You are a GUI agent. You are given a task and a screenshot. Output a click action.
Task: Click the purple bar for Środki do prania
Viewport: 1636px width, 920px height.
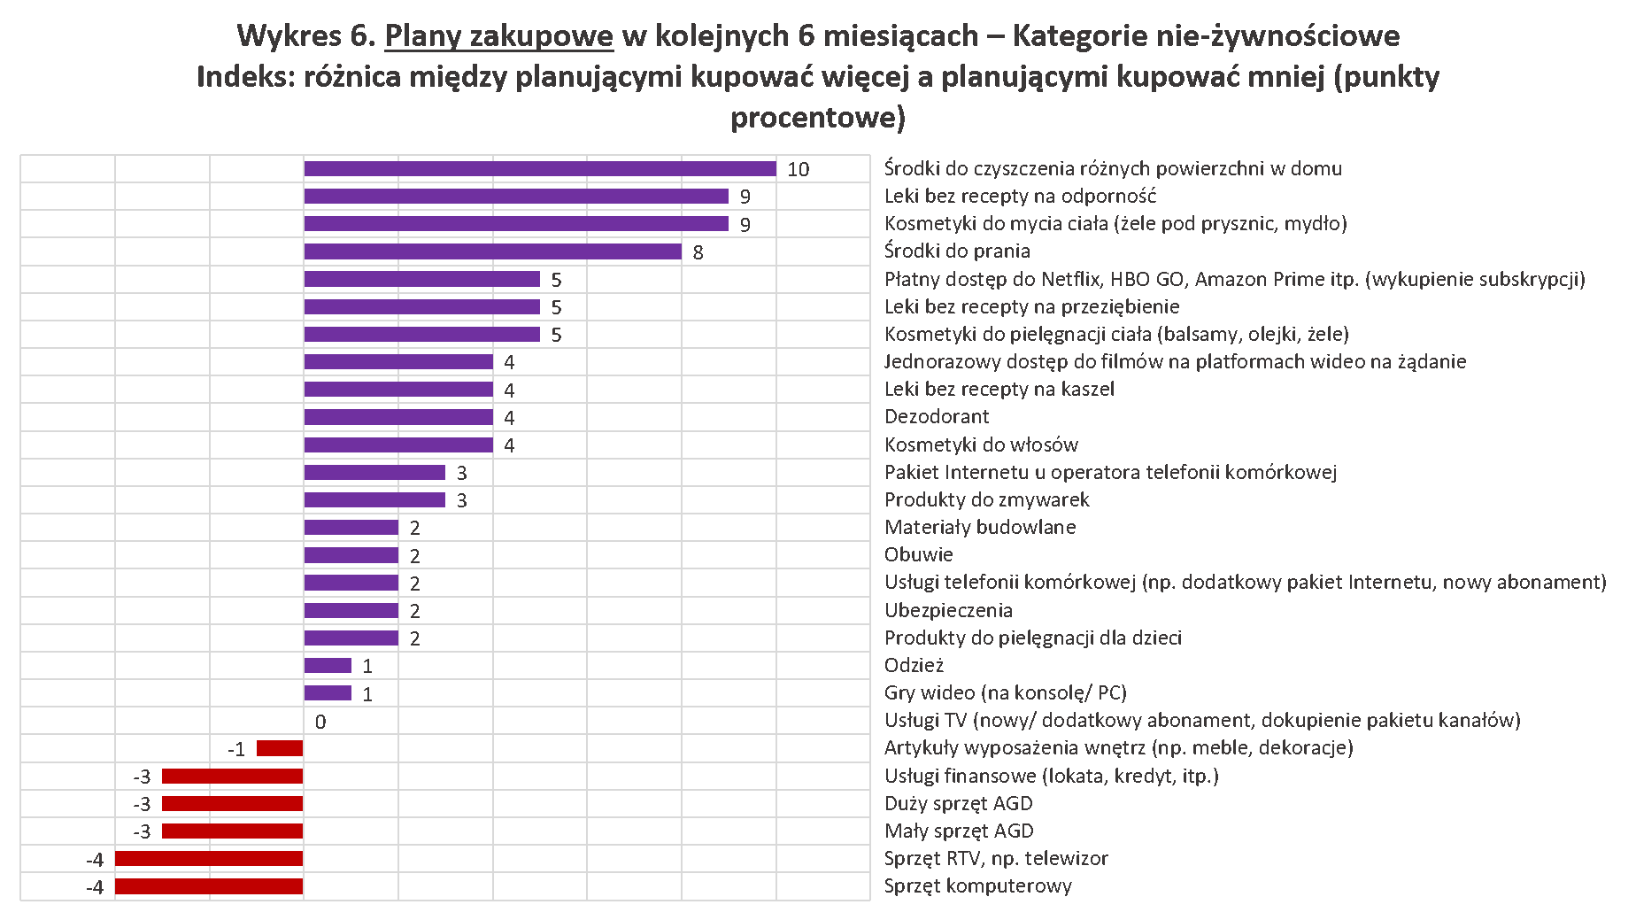pyautogui.click(x=492, y=251)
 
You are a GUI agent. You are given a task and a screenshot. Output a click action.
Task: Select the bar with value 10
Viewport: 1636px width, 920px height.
pyautogui.click(x=540, y=169)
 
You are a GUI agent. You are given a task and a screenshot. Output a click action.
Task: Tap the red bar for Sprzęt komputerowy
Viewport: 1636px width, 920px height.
pyautogui.click(x=209, y=886)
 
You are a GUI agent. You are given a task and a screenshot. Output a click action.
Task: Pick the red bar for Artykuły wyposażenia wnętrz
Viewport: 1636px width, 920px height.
pyautogui.click(x=280, y=748)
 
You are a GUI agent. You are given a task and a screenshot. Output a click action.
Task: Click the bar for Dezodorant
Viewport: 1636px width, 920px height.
pyautogui.click(x=398, y=417)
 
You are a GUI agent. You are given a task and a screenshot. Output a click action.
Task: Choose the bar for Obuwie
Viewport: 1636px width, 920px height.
pyautogui.click(x=351, y=555)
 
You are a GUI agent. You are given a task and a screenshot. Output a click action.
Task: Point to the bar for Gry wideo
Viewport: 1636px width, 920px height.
pyautogui.click(x=328, y=693)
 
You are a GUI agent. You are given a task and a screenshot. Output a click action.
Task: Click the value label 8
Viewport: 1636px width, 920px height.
pyautogui.click(x=698, y=253)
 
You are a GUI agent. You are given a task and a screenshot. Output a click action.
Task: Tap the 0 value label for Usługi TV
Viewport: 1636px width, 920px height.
pyautogui.click(x=320, y=723)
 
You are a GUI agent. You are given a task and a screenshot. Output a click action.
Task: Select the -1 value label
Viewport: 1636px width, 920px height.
pyautogui.click(x=236, y=750)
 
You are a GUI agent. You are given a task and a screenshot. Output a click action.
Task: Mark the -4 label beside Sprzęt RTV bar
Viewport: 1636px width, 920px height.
pyautogui.click(x=95, y=860)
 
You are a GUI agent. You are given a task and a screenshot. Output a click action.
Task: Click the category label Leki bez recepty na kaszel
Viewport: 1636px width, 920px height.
pyautogui.click(x=999, y=389)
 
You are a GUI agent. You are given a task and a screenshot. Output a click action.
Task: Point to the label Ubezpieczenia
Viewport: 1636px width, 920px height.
pyautogui.click(x=948, y=610)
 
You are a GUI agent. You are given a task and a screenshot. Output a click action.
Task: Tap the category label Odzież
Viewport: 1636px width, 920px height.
pyautogui.click(x=914, y=665)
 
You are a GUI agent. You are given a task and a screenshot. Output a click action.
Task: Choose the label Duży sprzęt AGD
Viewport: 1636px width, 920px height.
pyautogui.click(x=958, y=803)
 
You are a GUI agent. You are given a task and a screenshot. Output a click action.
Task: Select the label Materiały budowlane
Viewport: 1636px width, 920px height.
pyautogui.click(x=980, y=527)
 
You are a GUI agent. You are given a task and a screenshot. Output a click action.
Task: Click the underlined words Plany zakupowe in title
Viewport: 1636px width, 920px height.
pyautogui.click(x=498, y=36)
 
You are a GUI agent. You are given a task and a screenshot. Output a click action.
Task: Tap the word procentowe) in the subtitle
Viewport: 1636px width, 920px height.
pyautogui.click(x=817, y=118)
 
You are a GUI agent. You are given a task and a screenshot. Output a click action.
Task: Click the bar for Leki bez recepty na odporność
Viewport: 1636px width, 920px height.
pyautogui.click(x=516, y=197)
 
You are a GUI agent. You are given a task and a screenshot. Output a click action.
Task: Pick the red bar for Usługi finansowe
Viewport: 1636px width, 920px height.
pyautogui.click(x=233, y=777)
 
